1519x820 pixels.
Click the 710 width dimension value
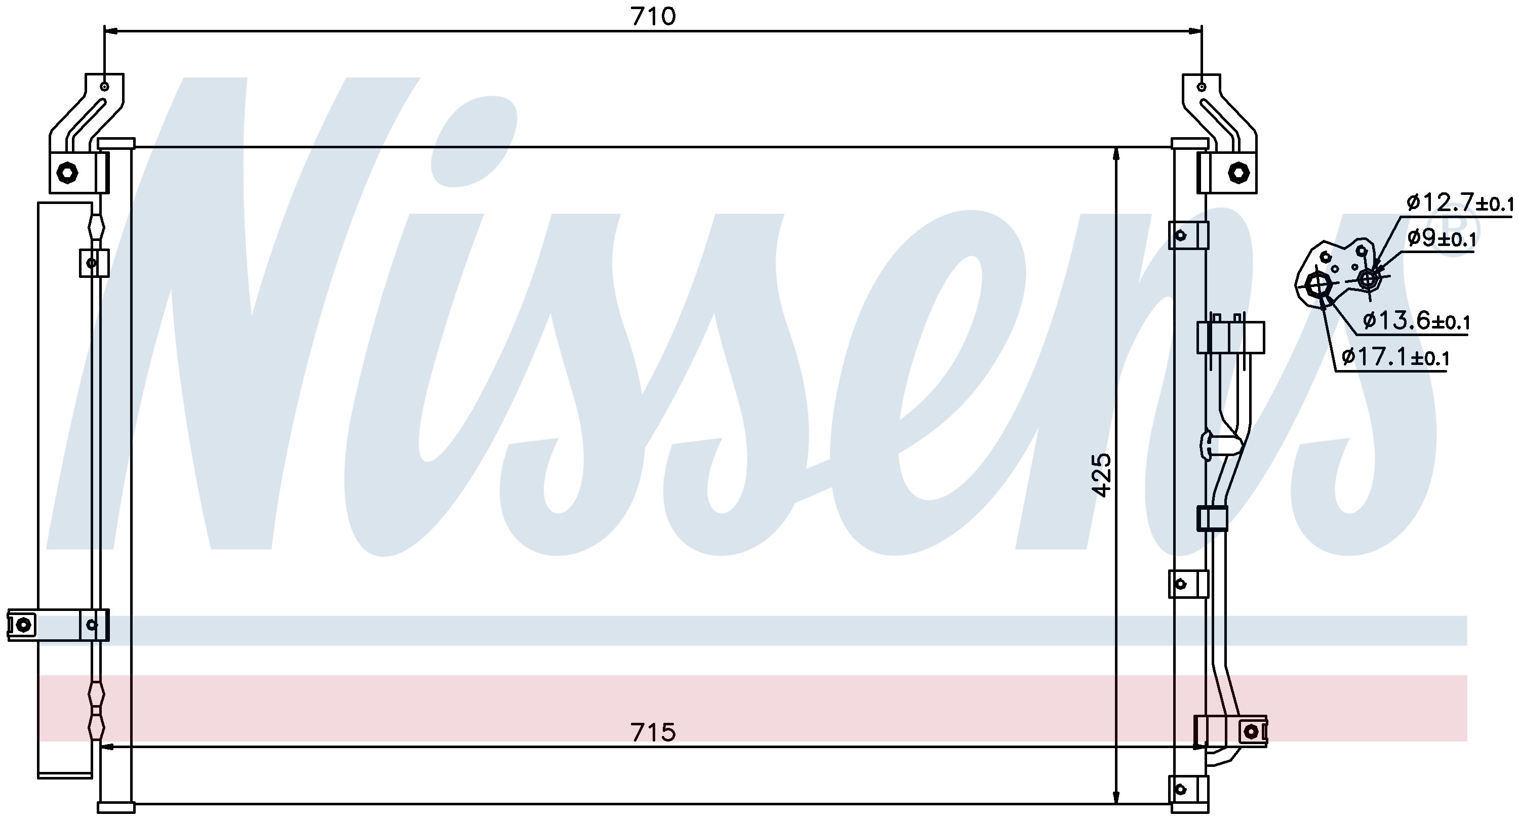click(653, 17)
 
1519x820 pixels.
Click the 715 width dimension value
click(653, 732)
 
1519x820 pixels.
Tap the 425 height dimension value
click(1101, 475)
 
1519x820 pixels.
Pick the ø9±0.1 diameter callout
click(1441, 239)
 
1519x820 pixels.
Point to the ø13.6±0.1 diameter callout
click(1416, 321)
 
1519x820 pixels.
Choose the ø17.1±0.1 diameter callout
click(1395, 357)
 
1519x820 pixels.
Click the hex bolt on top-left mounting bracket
click(67, 173)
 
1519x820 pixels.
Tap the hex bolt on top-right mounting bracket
click(1238, 173)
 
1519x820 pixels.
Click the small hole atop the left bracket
click(104, 87)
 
